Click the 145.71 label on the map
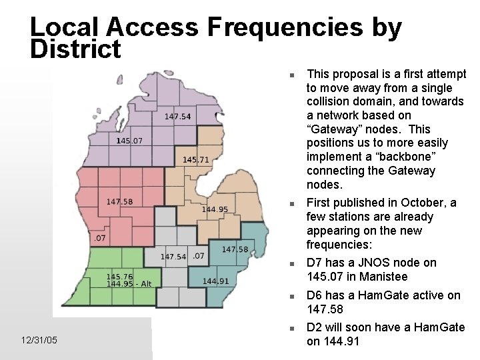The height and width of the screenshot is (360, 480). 195,160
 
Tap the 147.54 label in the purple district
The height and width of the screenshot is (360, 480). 177,117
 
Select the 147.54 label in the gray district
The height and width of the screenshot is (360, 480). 173,257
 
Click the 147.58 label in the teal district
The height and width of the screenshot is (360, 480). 235,249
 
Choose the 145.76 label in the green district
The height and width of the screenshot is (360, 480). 119,277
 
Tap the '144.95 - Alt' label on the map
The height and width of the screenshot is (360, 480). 129,284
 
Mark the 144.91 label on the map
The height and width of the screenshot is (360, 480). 215,281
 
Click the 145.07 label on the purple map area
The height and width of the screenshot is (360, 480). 129,141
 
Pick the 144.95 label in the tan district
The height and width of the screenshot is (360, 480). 215,209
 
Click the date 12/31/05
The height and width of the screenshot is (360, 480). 39,341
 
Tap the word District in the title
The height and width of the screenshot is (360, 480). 75,49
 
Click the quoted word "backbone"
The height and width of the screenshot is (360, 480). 413,157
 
